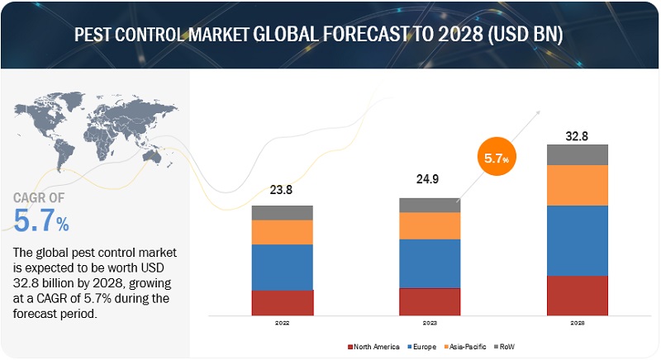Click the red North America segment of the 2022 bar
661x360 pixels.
coord(283,302)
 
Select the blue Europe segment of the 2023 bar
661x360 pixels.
coord(429,263)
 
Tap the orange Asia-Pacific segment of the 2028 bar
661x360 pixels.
coord(577,185)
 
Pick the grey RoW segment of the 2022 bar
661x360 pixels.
coord(283,212)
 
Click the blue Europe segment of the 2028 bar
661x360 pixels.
coord(577,239)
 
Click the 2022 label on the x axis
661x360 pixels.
coord(283,323)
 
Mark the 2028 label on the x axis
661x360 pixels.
coord(577,323)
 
